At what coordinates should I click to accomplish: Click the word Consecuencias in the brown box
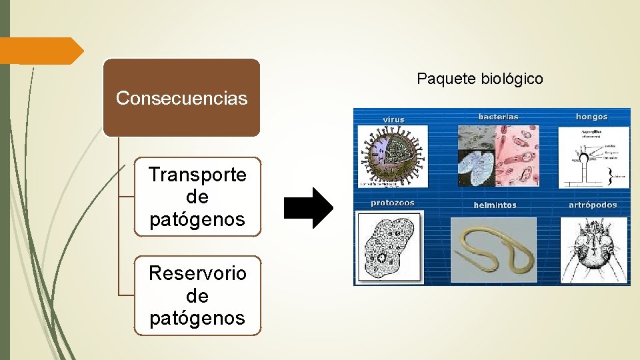point(181,99)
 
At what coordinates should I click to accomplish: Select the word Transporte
point(197,175)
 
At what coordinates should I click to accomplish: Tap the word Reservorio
point(197,273)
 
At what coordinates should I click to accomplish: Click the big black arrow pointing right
point(308,208)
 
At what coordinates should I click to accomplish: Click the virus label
point(393,120)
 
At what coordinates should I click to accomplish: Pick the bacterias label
point(498,117)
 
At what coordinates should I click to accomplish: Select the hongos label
point(591,117)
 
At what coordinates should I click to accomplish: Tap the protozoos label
point(393,203)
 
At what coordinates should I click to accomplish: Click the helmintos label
point(495,205)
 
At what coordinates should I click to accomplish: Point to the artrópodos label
point(593,205)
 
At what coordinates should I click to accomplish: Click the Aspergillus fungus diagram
point(593,157)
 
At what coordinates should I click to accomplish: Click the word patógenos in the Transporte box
point(197,219)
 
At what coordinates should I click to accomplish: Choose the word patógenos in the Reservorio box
point(197,318)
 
